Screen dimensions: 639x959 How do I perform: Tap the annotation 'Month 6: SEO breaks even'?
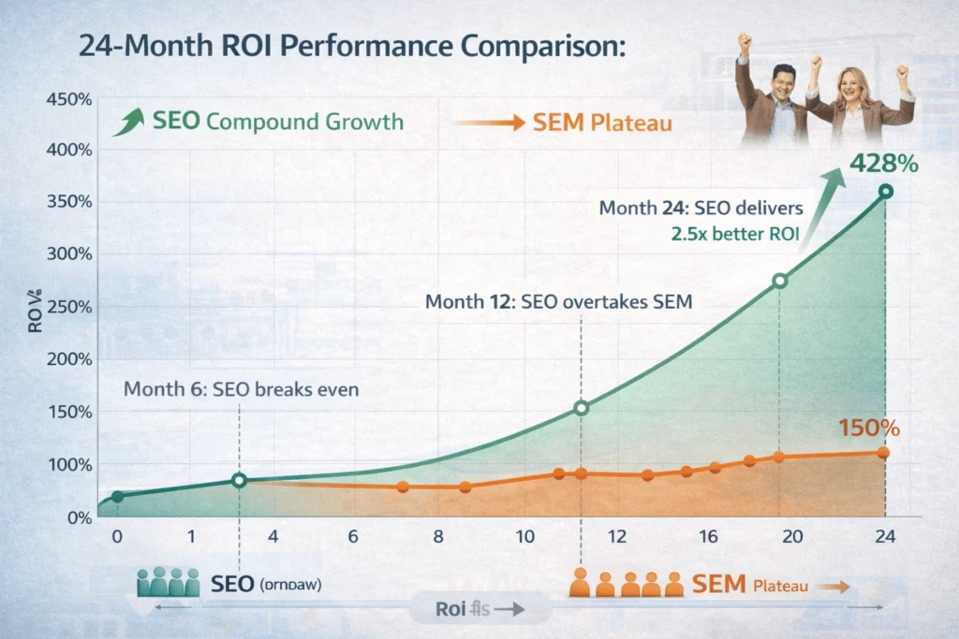click(241, 390)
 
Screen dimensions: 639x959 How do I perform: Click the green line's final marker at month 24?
click(886, 192)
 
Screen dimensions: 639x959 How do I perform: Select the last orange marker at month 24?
click(884, 453)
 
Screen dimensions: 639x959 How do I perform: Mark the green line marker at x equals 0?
click(117, 496)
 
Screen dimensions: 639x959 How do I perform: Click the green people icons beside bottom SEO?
click(169, 584)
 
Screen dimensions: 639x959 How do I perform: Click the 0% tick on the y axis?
click(80, 517)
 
